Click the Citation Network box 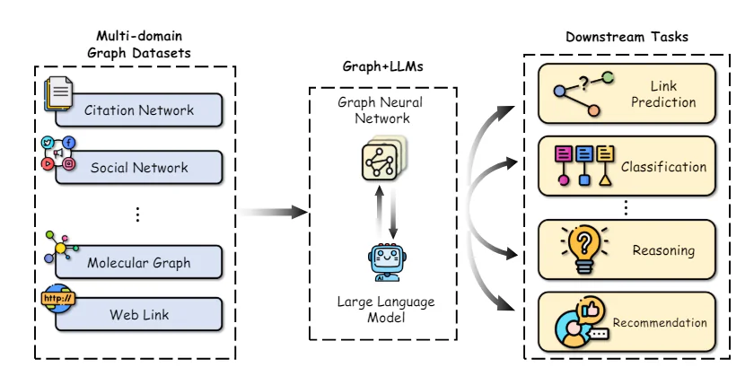139,110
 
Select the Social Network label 139,167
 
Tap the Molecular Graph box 139,263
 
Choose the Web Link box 139,314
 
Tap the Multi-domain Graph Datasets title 138,43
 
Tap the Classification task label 664,167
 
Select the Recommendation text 660,322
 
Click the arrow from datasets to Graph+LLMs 274,213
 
